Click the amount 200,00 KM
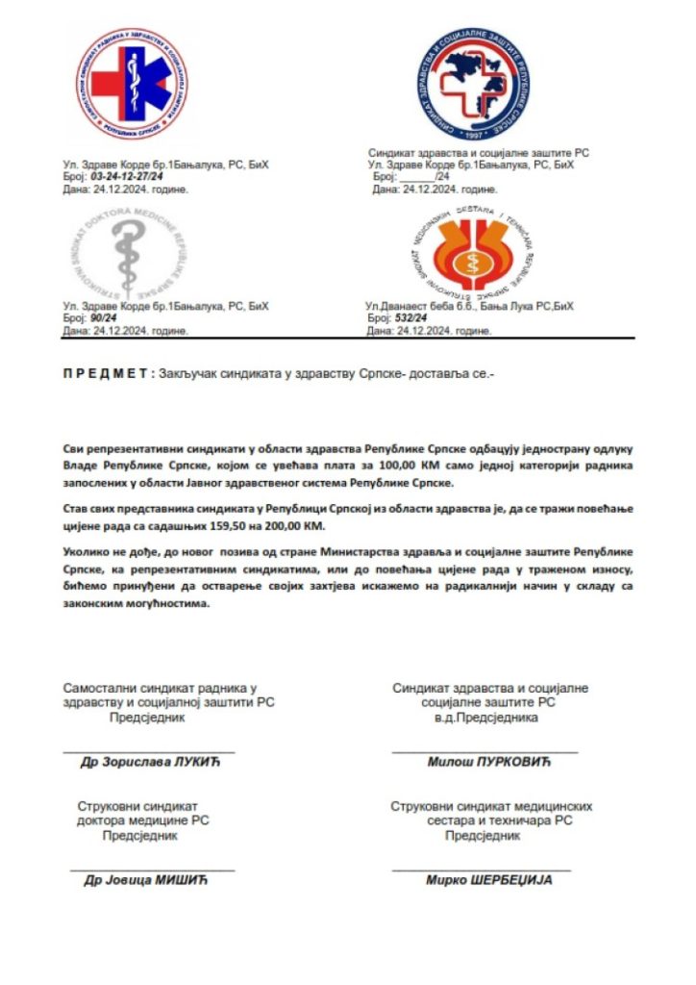[296, 527]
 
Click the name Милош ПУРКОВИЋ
[487, 762]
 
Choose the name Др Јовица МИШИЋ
[152, 879]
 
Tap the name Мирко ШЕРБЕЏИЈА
[489, 879]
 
